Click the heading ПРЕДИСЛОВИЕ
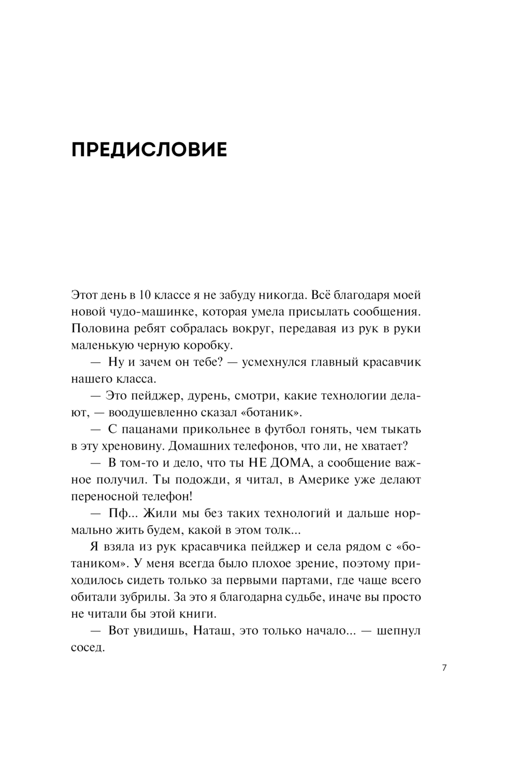click(x=149, y=149)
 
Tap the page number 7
click(x=444, y=668)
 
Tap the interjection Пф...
click(x=117, y=514)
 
